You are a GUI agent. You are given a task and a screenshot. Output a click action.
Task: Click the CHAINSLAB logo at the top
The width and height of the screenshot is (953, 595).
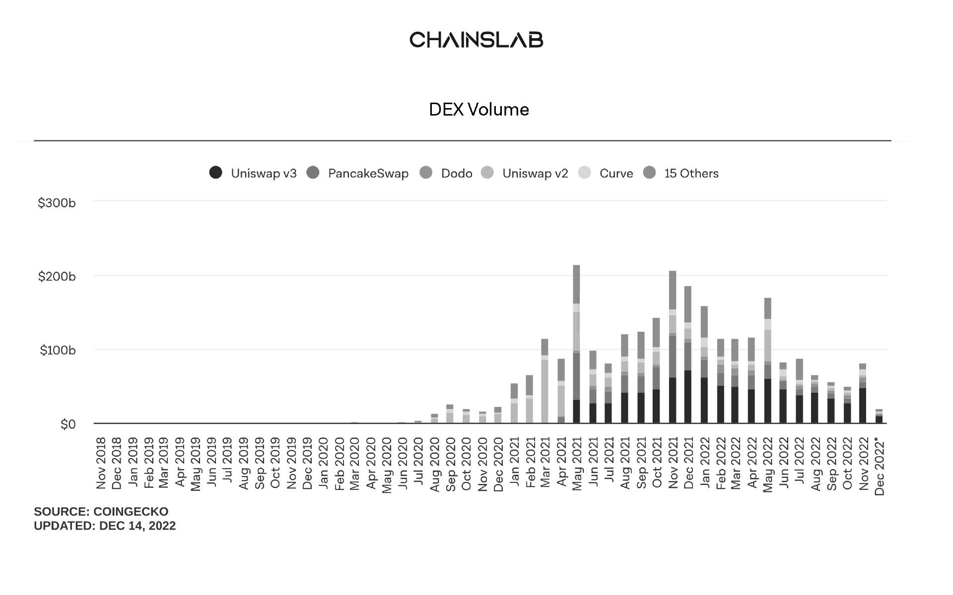476,40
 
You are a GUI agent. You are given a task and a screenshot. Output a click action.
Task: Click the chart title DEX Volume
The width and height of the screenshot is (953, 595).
478,110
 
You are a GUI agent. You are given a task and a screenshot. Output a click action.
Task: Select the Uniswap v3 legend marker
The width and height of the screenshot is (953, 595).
215,173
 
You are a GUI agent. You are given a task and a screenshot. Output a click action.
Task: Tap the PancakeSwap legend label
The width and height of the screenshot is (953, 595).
368,174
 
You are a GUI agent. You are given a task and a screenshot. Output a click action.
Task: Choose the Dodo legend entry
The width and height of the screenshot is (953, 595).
456,174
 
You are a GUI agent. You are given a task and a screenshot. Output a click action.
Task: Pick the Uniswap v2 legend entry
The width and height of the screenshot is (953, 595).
535,174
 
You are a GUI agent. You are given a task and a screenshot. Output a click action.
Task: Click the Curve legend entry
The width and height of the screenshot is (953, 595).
616,174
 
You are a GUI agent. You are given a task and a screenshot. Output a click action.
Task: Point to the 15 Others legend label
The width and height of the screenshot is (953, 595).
691,174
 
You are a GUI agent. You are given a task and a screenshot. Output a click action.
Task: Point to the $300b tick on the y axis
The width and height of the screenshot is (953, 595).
57,203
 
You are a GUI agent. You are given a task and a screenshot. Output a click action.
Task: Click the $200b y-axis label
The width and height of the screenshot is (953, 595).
57,277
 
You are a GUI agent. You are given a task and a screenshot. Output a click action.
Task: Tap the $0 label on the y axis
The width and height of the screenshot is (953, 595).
68,424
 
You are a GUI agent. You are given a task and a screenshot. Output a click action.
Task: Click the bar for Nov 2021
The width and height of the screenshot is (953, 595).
673,347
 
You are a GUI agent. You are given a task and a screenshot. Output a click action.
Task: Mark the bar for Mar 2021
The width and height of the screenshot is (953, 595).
545,381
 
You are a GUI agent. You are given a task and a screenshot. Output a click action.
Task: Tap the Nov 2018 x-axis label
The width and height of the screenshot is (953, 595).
101,463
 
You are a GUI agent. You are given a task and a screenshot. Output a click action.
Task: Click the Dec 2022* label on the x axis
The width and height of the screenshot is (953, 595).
880,467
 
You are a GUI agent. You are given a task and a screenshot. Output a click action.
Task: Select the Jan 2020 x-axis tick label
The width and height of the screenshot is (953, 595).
323,463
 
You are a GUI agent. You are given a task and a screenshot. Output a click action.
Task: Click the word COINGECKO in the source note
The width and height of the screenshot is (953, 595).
131,512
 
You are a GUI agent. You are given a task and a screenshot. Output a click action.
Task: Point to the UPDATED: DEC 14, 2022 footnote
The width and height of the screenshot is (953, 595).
105,526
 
